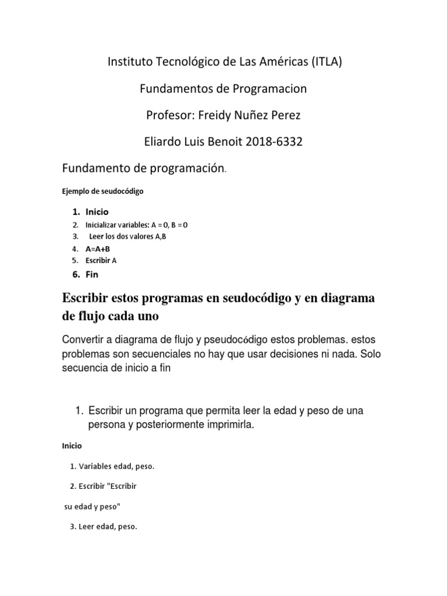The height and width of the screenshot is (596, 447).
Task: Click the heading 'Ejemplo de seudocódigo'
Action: tap(102, 190)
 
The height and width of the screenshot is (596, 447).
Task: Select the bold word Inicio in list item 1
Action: tap(97, 212)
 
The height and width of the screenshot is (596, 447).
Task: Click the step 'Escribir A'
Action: tap(101, 261)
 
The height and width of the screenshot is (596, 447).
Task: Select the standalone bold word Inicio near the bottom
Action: tap(72, 446)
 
